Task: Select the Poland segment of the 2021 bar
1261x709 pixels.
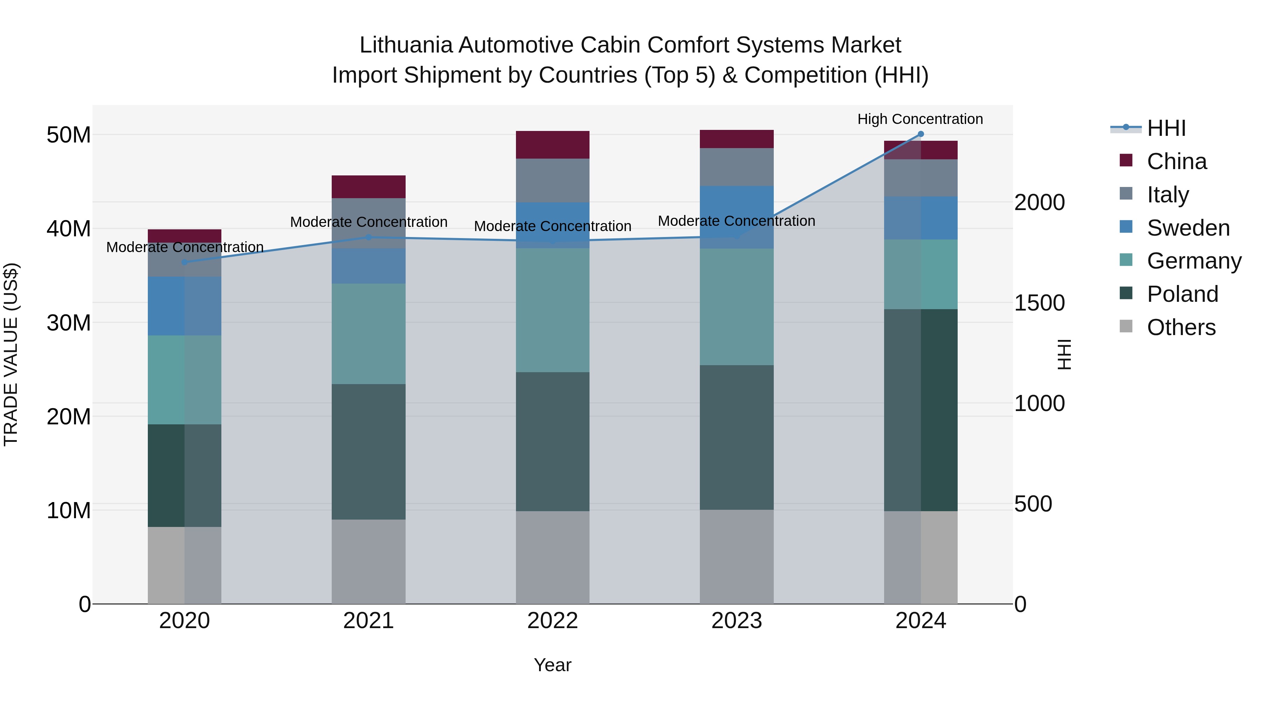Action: coord(368,451)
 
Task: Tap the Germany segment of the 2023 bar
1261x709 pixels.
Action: coord(736,307)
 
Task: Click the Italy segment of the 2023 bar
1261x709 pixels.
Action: coord(736,167)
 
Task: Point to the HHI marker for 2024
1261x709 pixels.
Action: coord(920,134)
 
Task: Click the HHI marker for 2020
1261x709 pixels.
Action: coord(185,262)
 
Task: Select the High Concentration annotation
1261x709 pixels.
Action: coord(920,119)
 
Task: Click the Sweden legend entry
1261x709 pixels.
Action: coord(1188,228)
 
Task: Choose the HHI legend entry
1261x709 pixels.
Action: coord(1166,128)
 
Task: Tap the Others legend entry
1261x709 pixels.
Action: coord(1181,327)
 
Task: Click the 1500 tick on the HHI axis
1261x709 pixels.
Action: coord(1039,303)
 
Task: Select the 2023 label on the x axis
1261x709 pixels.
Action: coord(736,621)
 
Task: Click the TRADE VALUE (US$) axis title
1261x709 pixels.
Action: coord(11,354)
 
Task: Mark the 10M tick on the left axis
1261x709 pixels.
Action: coord(69,510)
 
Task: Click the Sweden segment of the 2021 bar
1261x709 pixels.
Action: coord(368,266)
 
